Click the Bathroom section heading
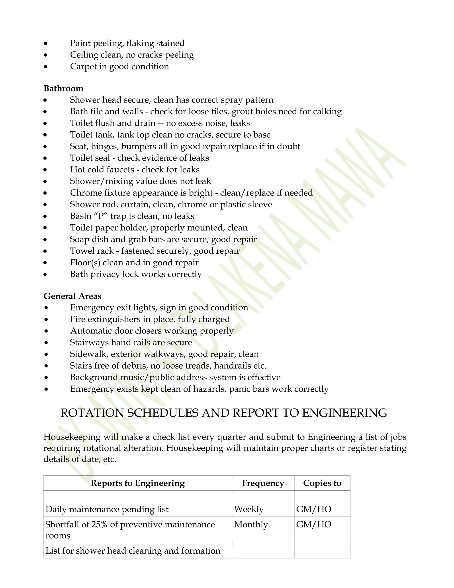pyautogui.click(x=63, y=88)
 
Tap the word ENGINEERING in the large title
pyautogui.click(x=344, y=413)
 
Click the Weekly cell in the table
pyautogui.click(x=249, y=509)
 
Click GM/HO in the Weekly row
pyautogui.click(x=314, y=509)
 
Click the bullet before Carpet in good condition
pyautogui.click(x=46, y=67)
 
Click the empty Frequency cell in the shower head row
pyautogui.click(x=263, y=551)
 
